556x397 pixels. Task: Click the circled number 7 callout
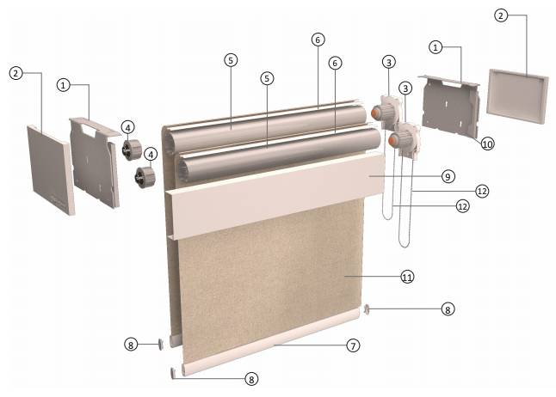click(x=353, y=345)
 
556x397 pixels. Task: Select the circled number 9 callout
click(x=448, y=176)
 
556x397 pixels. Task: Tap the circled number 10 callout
click(x=487, y=144)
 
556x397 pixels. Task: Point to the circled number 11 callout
click(x=407, y=277)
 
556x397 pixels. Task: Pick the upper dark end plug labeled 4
click(x=132, y=150)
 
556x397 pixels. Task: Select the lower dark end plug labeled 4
click(x=145, y=177)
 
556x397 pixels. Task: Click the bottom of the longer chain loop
click(x=405, y=247)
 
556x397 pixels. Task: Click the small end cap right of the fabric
click(x=367, y=310)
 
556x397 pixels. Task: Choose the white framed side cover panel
click(x=517, y=96)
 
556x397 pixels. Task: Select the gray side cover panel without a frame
click(x=51, y=169)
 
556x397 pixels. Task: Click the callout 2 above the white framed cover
click(x=500, y=15)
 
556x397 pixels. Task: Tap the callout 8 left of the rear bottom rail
click(x=131, y=345)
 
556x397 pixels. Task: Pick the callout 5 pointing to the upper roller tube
click(x=231, y=60)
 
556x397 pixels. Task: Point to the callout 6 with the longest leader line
click(x=318, y=40)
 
